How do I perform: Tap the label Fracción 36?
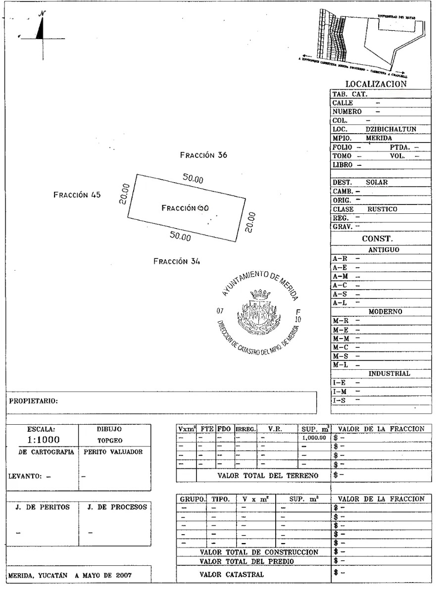click(203, 155)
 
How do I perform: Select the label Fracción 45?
click(77, 195)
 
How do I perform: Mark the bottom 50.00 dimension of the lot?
click(180, 236)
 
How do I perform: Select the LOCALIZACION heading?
click(376, 84)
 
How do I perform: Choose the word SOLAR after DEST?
click(377, 182)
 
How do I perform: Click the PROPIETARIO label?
click(33, 401)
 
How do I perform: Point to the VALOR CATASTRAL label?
click(232, 575)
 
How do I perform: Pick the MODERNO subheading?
click(385, 312)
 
